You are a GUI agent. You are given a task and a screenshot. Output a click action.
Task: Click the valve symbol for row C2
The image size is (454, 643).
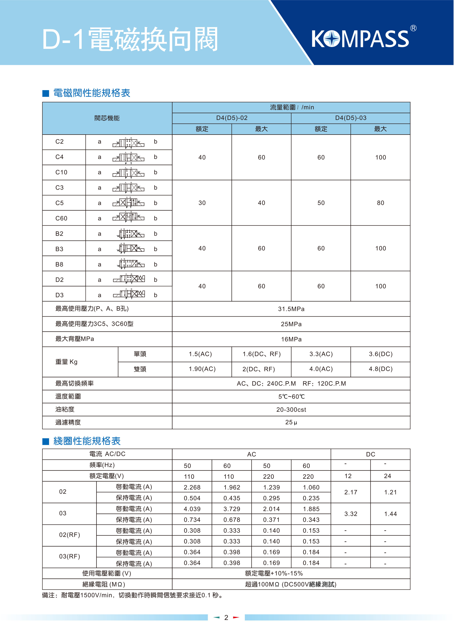pos(128,143)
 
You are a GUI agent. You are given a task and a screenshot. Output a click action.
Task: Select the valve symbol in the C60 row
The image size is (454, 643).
pos(128,217)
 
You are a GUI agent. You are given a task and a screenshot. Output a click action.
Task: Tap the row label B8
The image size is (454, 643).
pos(59,264)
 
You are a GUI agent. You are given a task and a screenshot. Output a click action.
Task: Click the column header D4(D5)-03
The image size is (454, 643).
pos(351,118)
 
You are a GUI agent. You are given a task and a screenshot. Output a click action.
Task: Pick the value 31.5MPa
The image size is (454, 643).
pos(291,309)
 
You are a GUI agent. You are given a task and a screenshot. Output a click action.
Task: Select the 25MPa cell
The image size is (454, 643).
pos(291,324)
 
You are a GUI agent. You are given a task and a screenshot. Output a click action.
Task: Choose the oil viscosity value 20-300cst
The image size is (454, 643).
pos(291,409)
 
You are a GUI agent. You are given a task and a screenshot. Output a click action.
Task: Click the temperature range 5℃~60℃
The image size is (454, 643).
pos(291,397)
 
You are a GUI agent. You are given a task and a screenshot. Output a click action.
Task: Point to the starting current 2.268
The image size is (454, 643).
pos(192,487)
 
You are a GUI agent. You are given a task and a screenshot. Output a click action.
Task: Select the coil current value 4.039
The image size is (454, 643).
pos(192,509)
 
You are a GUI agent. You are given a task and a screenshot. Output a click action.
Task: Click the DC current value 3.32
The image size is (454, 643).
pos(351,514)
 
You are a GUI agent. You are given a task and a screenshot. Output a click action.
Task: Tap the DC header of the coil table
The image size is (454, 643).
pos(371,454)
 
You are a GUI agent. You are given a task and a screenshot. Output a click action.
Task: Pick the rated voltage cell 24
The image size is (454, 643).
pos(387,476)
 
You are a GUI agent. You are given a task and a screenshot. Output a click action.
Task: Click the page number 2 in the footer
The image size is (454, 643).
pos(226,618)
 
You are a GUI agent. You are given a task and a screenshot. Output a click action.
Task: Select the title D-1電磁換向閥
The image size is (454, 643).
pos(130,39)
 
